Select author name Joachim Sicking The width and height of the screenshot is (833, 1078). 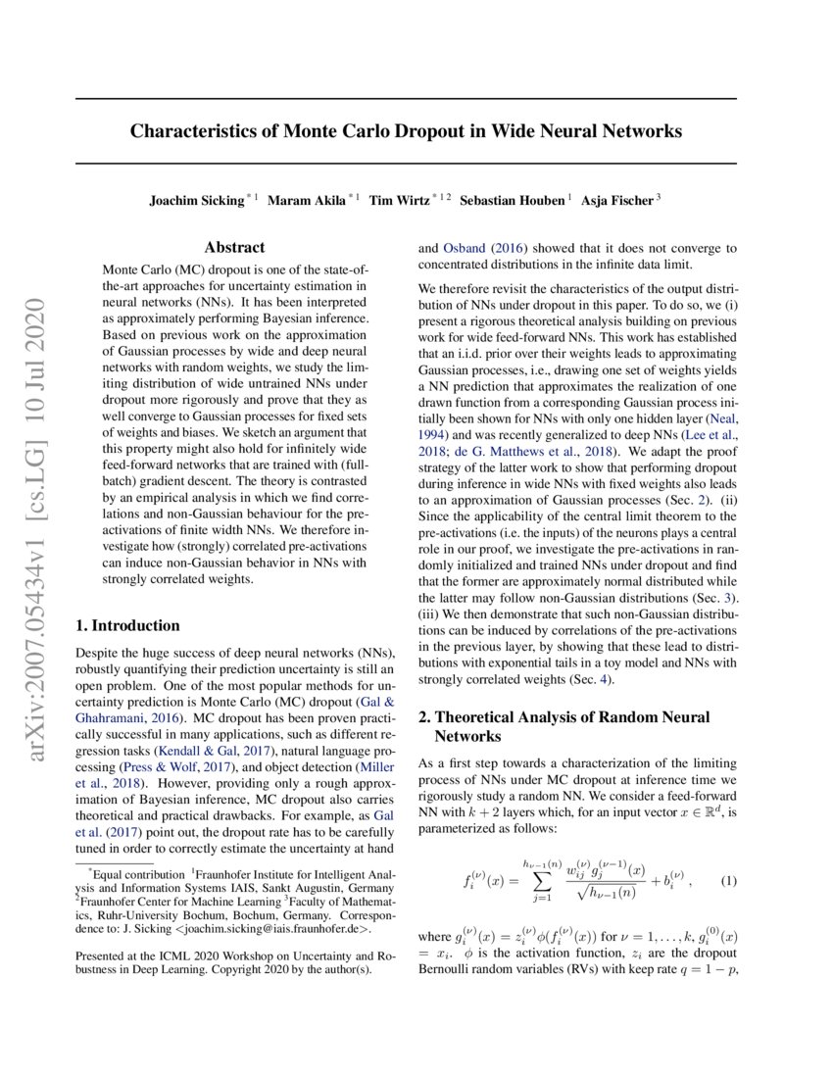196,200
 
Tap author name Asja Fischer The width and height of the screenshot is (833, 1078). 616,200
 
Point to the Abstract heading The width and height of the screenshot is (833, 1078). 235,249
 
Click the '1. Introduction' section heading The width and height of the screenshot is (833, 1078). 127,625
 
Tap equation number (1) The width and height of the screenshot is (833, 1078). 728,881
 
